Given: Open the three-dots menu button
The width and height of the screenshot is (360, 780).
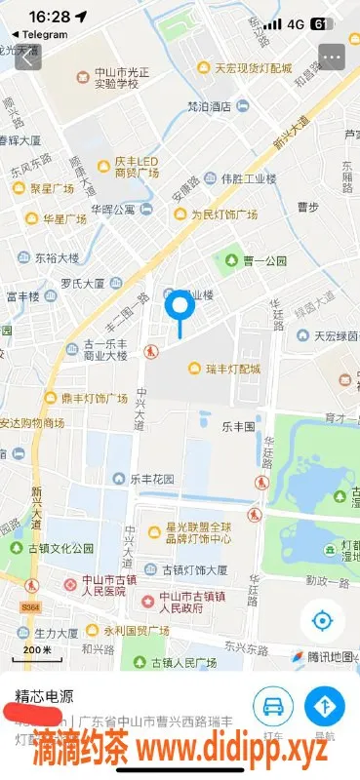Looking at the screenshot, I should (332, 56).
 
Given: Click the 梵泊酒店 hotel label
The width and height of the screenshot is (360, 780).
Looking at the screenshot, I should (209, 107).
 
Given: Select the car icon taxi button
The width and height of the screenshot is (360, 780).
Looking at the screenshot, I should (274, 707).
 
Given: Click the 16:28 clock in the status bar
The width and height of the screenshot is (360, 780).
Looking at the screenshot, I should (49, 17).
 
